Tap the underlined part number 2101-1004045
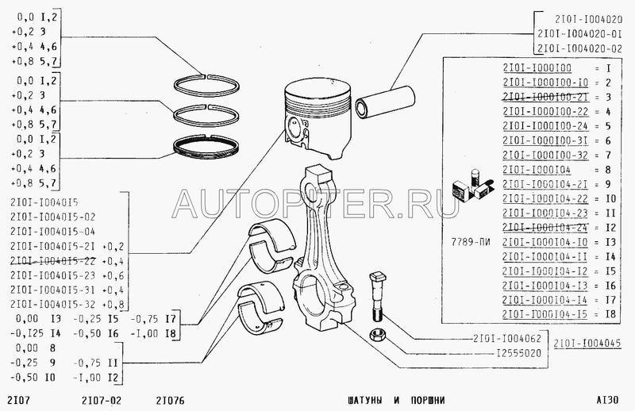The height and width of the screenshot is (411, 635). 587,343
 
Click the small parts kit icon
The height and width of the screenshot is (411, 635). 468,185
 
